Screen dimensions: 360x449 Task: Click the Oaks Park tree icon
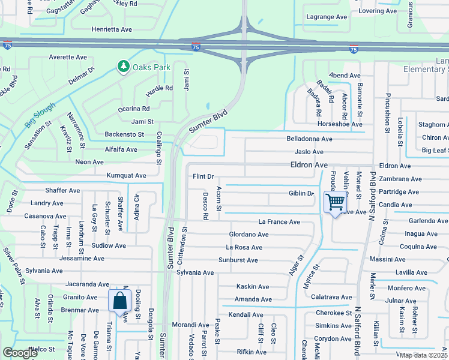(x=124, y=65)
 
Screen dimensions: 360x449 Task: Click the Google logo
(x=20, y=353)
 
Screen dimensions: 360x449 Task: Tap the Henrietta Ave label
(x=112, y=29)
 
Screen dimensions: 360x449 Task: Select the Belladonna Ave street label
(x=309, y=139)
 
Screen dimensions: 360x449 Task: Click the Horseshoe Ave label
(x=340, y=124)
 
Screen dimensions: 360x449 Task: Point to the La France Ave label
(x=279, y=222)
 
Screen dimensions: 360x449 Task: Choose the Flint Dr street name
(x=203, y=176)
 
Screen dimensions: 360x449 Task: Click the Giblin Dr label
(x=301, y=193)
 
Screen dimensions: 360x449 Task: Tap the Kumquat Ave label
(x=126, y=176)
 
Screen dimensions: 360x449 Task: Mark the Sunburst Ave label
(x=238, y=260)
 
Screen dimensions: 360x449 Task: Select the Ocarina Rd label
(x=133, y=109)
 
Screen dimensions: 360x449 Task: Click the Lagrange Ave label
(x=328, y=18)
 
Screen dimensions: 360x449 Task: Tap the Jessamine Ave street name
(x=82, y=259)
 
